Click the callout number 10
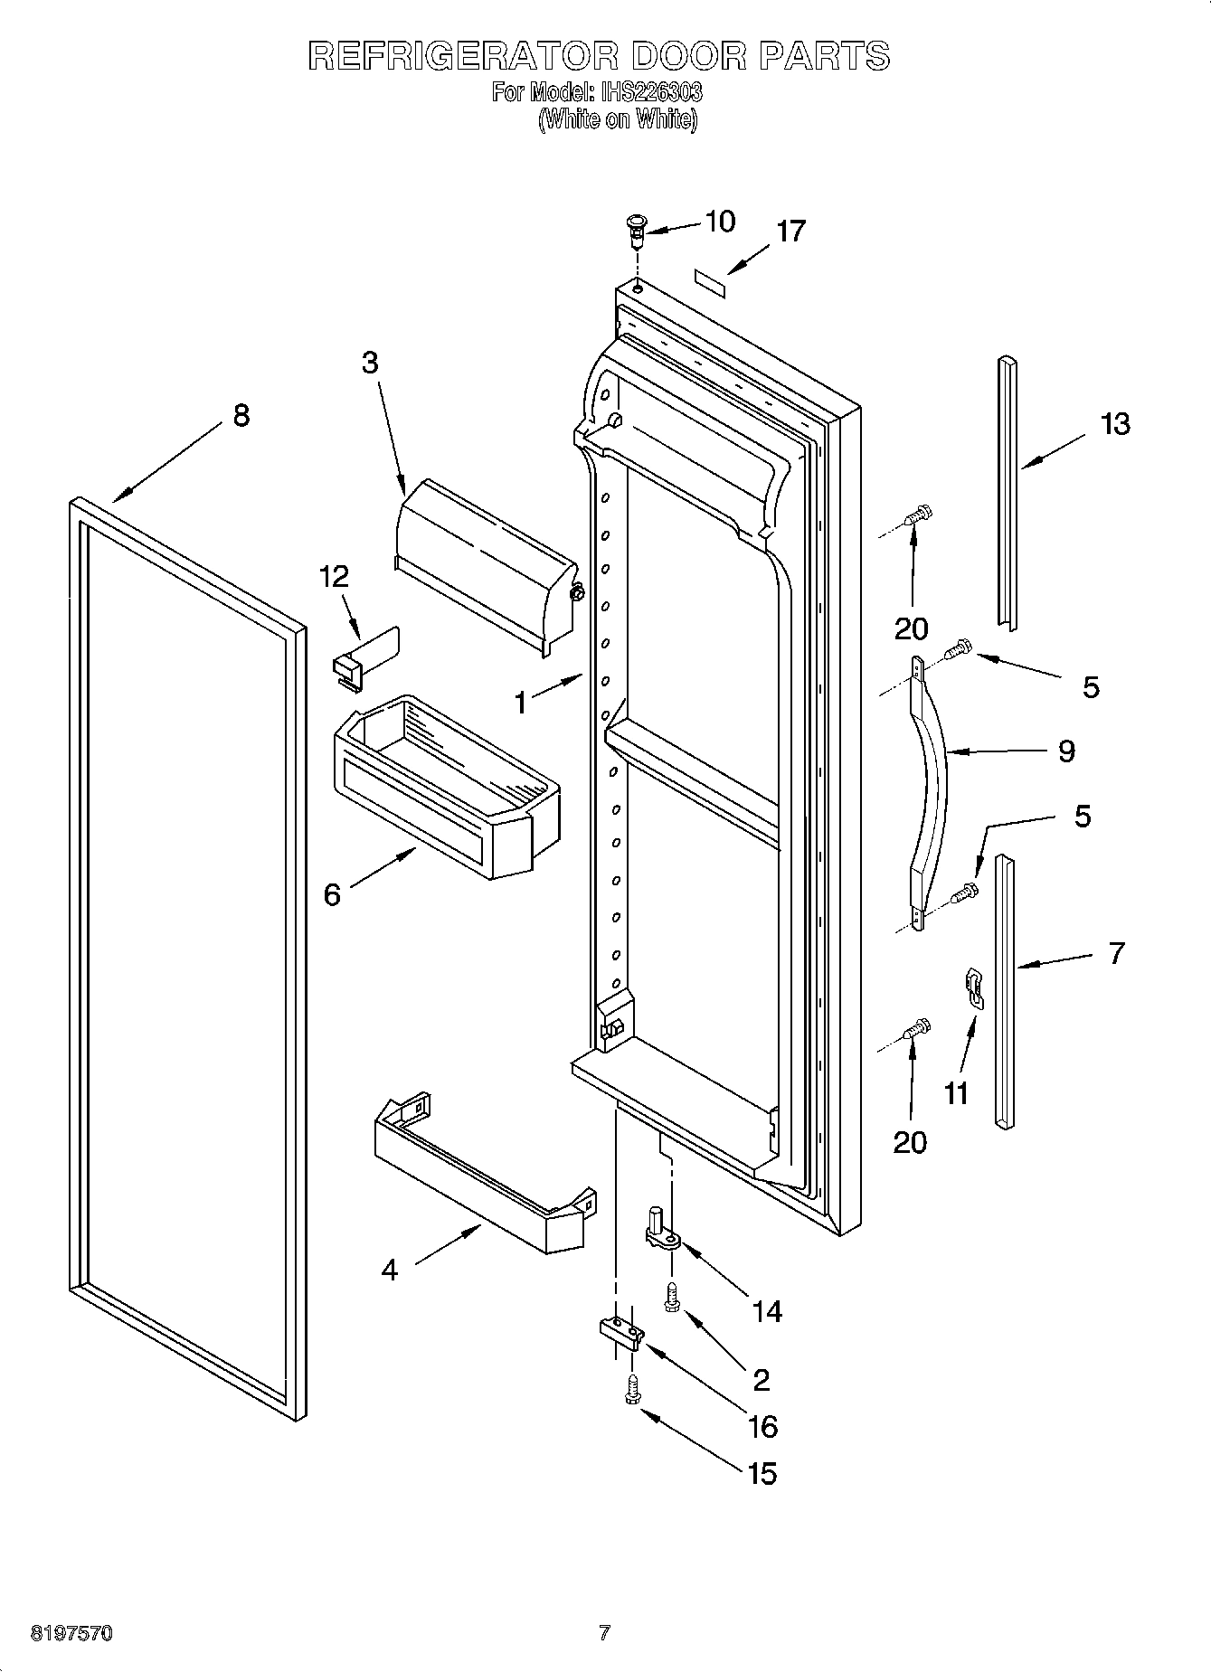pos(720,222)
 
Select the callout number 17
pos(790,232)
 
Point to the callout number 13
pos(1115,423)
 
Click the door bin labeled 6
pos(448,785)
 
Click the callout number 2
pos(761,1380)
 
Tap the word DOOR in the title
pos(689,56)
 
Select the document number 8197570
pos(72,1634)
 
